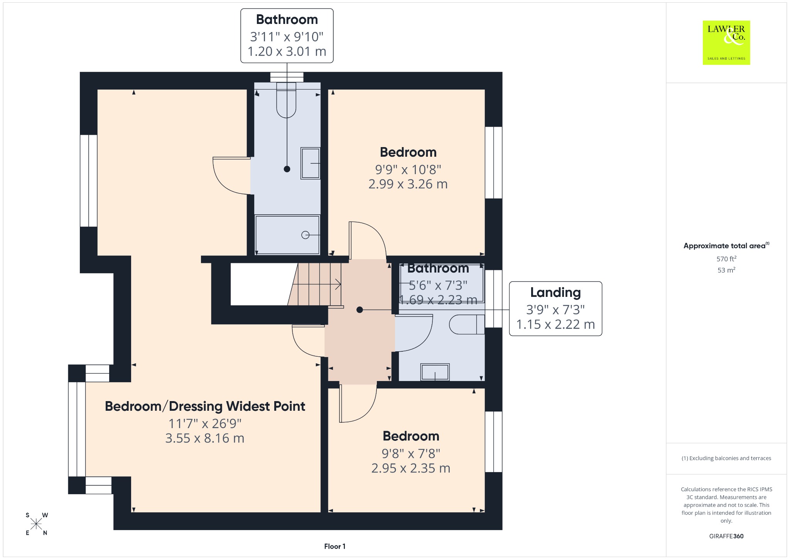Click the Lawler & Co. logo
tap(726, 42)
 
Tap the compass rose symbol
tap(36, 524)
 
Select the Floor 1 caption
tap(335, 546)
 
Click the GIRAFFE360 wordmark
tap(726, 536)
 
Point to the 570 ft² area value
tap(726, 259)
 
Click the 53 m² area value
tap(726, 270)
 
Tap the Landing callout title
tap(555, 293)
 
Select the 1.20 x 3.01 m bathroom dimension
tap(287, 51)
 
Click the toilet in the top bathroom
tap(286, 100)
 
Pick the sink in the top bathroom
tap(311, 163)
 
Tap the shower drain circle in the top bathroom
tap(305, 235)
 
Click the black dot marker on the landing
tap(360, 310)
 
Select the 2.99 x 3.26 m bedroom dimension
tap(408, 184)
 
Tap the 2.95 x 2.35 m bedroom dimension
tap(411, 468)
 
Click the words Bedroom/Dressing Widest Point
tap(205, 407)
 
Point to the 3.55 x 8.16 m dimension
tap(205, 439)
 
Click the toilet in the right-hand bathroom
tap(467, 324)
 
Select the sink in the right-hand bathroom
tap(435, 372)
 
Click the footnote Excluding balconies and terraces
tap(726, 458)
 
